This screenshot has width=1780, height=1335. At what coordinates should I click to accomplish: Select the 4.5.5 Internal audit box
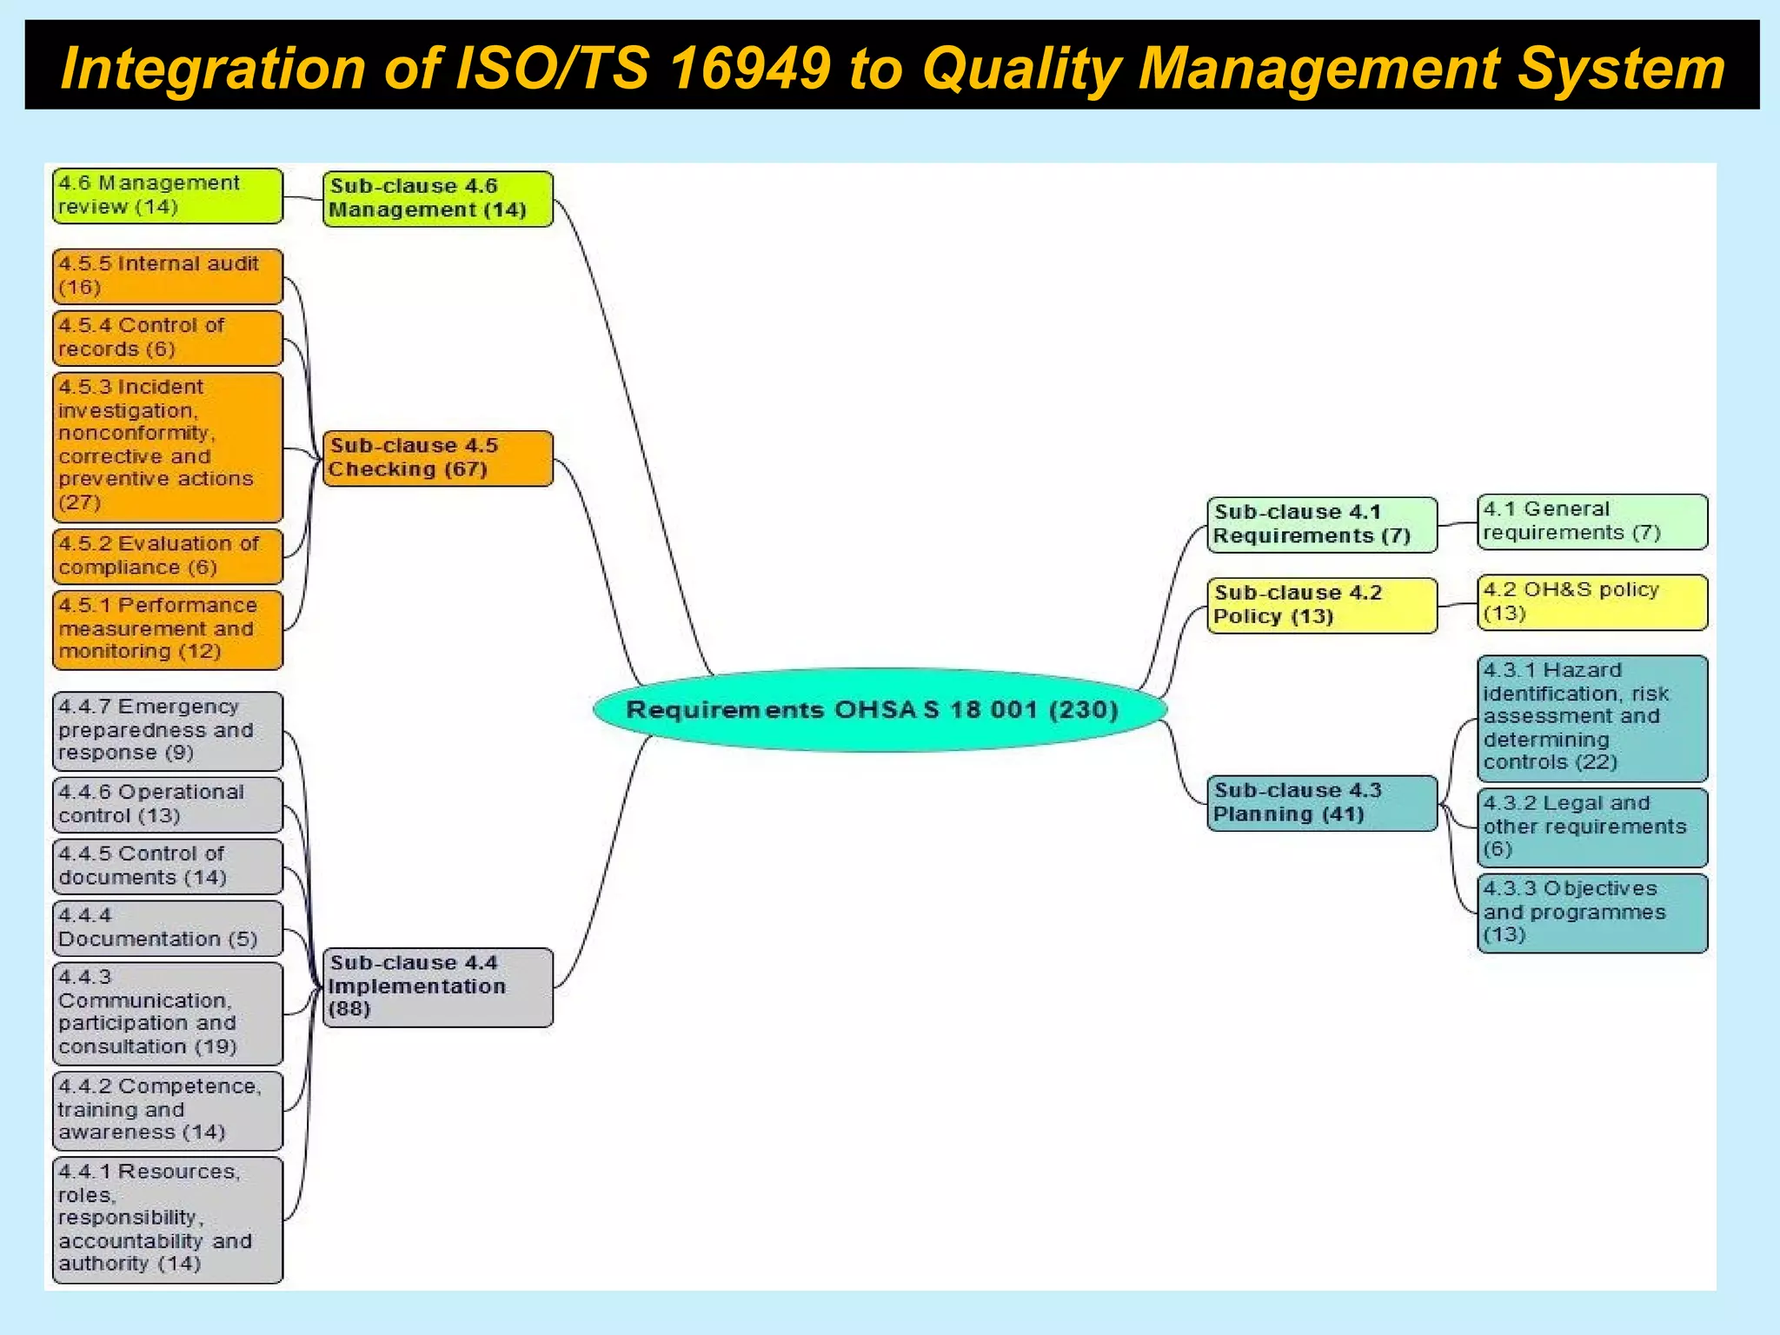pos(168,276)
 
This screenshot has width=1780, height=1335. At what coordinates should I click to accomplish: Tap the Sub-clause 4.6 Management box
pos(437,199)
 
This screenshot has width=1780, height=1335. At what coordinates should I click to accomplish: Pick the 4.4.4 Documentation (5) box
pos(168,928)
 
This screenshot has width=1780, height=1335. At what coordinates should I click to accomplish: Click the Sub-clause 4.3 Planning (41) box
pos(1321,803)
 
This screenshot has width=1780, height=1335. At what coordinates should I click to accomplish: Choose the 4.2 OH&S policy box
pos(1591,602)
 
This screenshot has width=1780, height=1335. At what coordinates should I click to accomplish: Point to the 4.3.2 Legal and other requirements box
pos(1591,827)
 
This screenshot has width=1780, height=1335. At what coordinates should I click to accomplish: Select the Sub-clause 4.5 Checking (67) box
pos(437,458)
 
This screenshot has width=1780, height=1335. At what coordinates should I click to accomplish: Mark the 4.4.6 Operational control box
pos(168,804)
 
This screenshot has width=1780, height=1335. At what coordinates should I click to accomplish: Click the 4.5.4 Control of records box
pos(168,338)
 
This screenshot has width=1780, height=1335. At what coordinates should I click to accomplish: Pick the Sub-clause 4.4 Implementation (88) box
pos(437,987)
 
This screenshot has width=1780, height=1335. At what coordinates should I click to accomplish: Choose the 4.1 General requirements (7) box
pos(1591,521)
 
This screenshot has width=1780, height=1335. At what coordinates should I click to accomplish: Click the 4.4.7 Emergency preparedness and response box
pos(168,731)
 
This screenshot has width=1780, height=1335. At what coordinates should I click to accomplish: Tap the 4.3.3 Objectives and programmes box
pos(1591,913)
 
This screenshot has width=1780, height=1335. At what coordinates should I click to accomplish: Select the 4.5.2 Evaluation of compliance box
pos(168,556)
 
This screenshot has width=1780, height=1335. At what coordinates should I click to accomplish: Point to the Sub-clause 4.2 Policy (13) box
pos(1321,605)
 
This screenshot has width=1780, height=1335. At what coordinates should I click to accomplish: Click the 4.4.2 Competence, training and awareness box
pos(168,1110)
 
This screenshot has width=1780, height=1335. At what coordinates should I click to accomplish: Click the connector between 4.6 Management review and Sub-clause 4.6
pos(302,198)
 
